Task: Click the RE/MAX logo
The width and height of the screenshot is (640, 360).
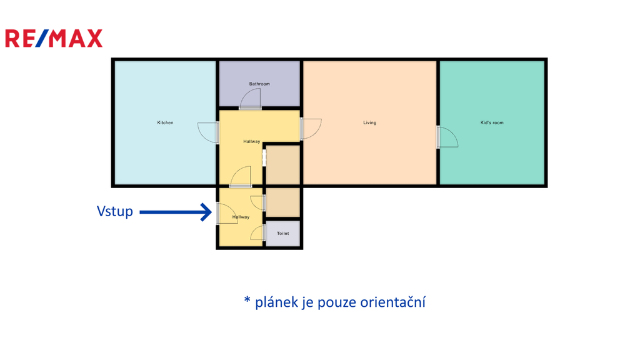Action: point(54,39)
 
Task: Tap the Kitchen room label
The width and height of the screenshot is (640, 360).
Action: point(165,122)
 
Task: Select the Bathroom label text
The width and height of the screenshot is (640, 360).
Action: point(259,84)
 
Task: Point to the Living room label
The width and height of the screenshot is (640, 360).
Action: point(370,122)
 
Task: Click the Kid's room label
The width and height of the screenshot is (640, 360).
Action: point(492,122)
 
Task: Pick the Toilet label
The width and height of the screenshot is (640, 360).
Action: point(283,234)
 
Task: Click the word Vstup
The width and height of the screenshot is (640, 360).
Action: point(115,211)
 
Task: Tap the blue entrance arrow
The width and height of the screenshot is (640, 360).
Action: point(176,212)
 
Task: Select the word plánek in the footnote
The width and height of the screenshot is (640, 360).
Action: point(274,302)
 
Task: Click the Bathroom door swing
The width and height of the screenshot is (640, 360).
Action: point(251,99)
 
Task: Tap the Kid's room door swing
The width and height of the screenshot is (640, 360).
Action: point(447,137)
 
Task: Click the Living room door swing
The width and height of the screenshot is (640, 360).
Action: point(311,128)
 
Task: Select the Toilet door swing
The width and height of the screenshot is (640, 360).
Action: point(257,233)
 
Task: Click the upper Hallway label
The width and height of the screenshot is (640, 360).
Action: point(252,142)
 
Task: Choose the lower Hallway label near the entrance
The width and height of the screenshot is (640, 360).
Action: point(241,217)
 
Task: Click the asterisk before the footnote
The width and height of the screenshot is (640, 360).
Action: point(247,301)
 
